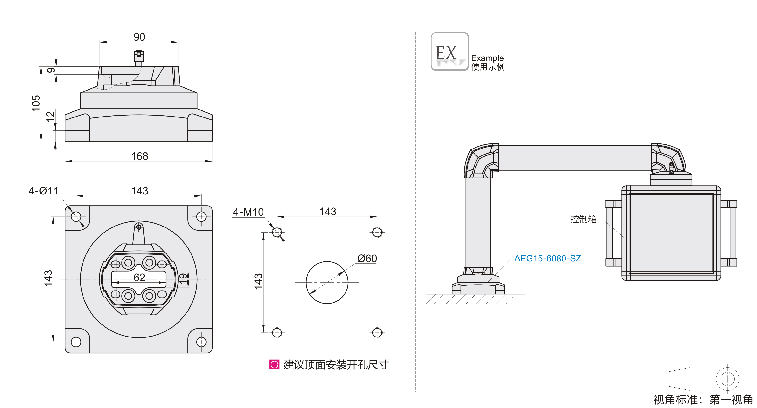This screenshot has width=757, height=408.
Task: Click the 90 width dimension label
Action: click(139, 37)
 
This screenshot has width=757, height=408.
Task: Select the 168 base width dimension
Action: click(139, 156)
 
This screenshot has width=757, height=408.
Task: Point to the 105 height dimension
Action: click(36, 103)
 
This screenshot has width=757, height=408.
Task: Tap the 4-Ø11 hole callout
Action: click(43, 191)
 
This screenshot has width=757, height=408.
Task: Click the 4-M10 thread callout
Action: click(248, 212)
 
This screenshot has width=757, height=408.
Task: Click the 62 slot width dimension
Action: click(139, 277)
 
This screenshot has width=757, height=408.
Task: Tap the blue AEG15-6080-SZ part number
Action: click(547, 258)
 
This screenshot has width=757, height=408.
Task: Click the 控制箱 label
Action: click(583, 219)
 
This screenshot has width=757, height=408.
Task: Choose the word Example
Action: click(487, 58)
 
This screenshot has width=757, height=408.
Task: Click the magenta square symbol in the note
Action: click(274, 364)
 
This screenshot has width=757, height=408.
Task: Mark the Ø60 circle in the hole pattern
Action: click(327, 282)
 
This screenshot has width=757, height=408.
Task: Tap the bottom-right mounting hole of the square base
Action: click(201, 342)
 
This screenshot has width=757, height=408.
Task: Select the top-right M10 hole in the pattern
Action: click(377, 232)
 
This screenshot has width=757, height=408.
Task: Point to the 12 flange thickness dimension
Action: click(50, 116)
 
